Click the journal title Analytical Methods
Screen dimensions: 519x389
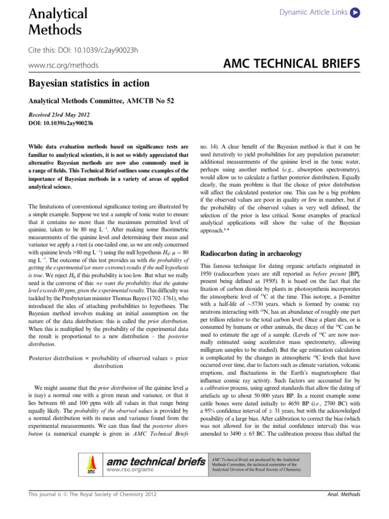click(x=55, y=21)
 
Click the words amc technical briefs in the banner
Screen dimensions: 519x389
click(x=155, y=461)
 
